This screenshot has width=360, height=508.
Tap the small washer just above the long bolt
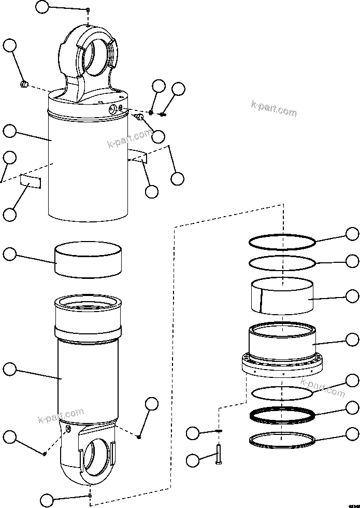(x=219, y=431)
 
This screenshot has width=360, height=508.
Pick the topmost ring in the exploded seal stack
(x=282, y=242)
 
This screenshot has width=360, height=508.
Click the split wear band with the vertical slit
(x=282, y=297)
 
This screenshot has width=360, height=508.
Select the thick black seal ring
(x=282, y=415)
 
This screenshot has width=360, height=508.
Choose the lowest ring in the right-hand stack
(x=282, y=440)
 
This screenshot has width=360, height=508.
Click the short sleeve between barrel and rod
(x=89, y=262)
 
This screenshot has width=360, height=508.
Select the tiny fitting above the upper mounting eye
(x=89, y=10)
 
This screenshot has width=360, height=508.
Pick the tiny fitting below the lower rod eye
(x=91, y=496)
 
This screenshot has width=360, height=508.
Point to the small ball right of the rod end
(x=139, y=437)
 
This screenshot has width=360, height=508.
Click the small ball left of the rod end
(x=45, y=454)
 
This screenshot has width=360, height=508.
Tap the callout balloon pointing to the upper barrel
(x=10, y=131)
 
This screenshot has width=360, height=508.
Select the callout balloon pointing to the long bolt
(x=193, y=459)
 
